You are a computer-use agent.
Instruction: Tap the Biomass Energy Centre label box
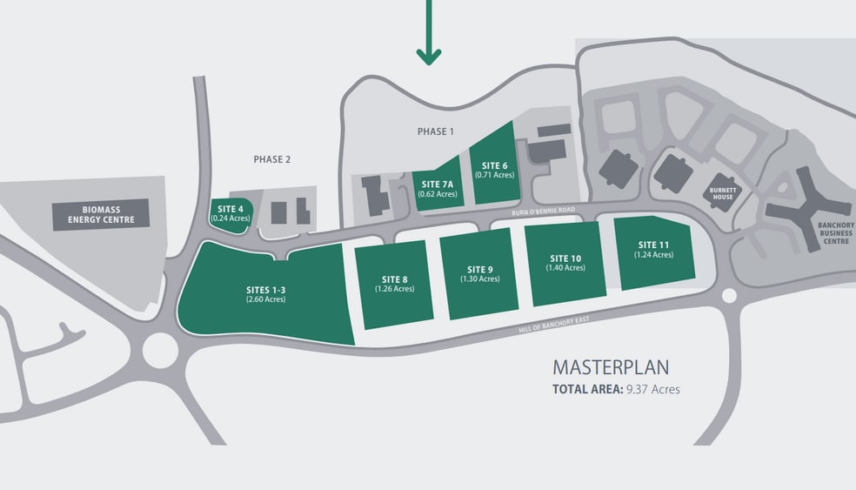click(101, 215)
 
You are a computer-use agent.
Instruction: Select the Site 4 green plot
click(231, 216)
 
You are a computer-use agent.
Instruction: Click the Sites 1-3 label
click(266, 290)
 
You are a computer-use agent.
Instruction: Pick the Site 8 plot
click(394, 285)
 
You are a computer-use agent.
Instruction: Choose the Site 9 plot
click(479, 274)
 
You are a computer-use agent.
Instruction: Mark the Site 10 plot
click(565, 264)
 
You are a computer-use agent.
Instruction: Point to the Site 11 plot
click(654, 252)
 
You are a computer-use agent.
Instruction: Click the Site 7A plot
click(438, 185)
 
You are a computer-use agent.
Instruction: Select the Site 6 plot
click(494, 164)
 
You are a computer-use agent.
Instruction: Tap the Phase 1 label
click(436, 131)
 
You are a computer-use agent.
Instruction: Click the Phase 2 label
click(272, 159)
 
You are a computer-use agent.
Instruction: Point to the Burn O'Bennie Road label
click(543, 211)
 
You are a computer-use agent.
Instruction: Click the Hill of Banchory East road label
click(554, 325)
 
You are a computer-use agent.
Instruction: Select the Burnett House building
click(723, 193)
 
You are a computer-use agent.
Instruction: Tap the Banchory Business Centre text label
click(836, 233)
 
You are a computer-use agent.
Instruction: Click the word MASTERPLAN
click(611, 367)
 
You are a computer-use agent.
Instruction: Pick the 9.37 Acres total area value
click(653, 390)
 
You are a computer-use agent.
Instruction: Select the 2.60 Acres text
click(266, 299)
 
